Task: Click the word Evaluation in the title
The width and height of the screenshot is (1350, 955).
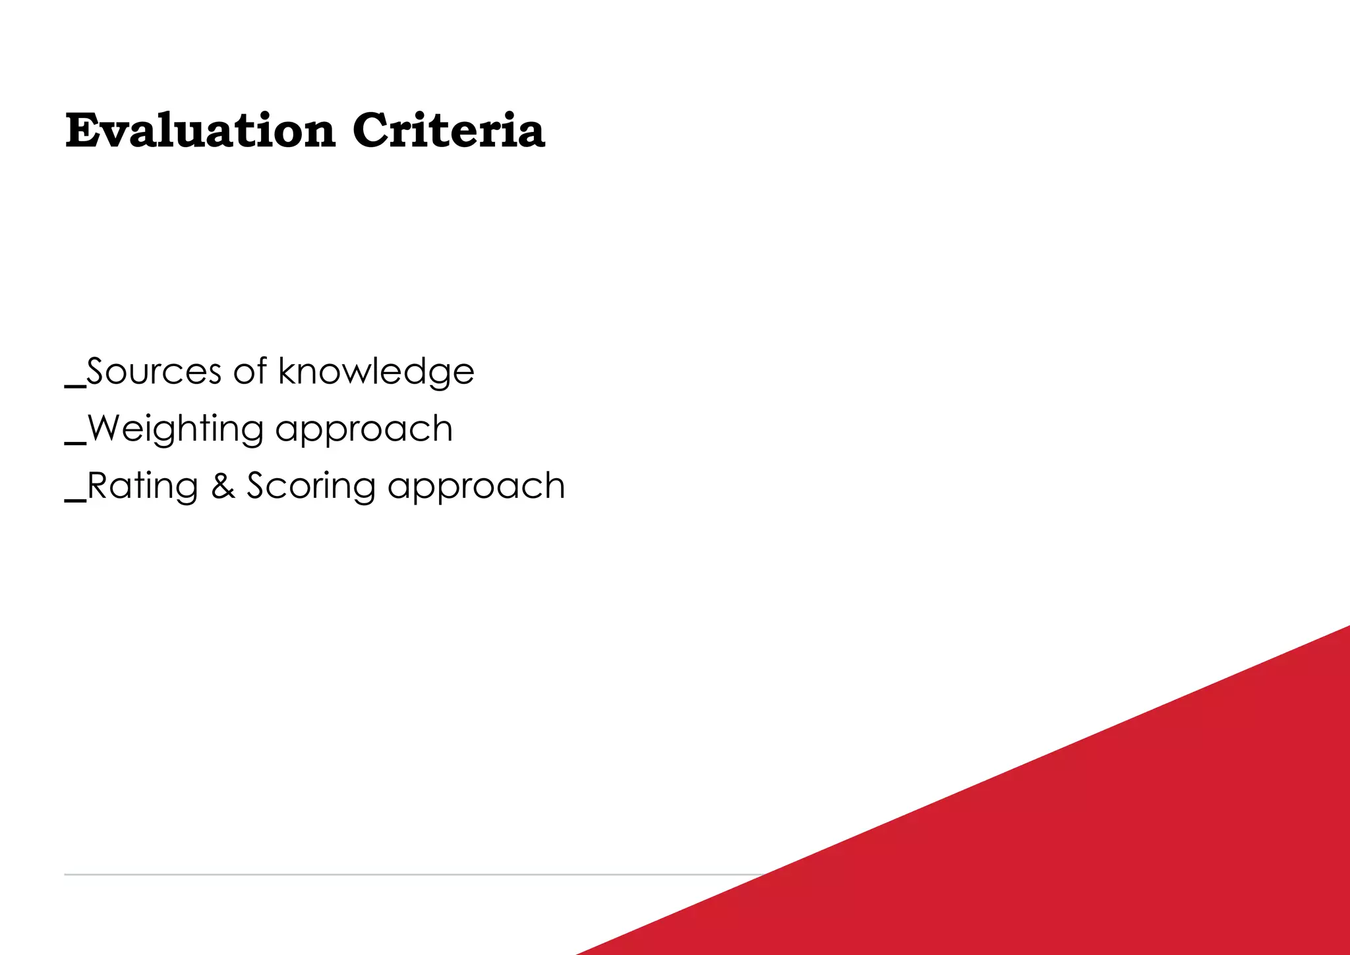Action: point(200,131)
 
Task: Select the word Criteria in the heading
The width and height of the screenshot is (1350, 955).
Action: point(448,131)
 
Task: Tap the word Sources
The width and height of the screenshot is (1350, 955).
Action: point(154,371)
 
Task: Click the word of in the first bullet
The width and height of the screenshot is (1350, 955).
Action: point(250,371)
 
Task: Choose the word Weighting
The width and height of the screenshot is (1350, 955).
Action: point(175,430)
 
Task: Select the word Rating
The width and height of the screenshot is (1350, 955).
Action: point(142,487)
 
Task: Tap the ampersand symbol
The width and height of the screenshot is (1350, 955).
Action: point(223,486)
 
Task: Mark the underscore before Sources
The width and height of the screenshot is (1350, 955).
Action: point(75,386)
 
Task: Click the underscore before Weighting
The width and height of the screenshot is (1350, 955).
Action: point(75,443)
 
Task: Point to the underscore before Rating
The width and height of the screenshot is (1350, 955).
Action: point(75,501)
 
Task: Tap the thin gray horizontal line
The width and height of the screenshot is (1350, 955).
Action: point(396,875)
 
